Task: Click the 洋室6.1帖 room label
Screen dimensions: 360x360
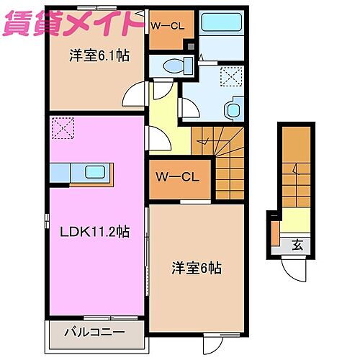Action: tap(99, 55)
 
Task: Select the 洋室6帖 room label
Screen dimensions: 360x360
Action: tap(196, 267)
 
